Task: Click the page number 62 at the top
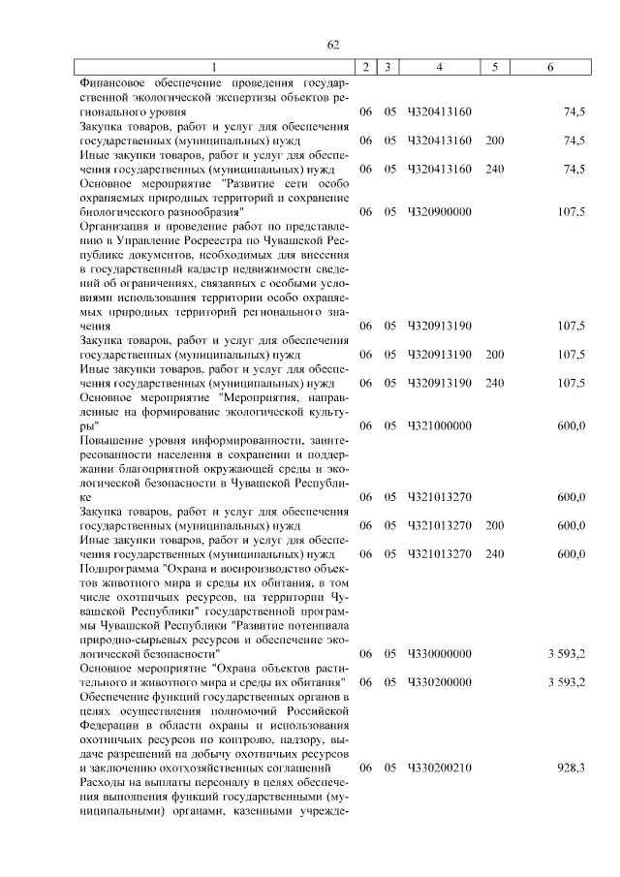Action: [x=332, y=45]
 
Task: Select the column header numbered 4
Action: [x=440, y=67]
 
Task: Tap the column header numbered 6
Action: [x=551, y=67]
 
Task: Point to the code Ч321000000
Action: [x=441, y=425]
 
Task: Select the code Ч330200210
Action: [x=441, y=767]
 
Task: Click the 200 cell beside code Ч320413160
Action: [x=495, y=141]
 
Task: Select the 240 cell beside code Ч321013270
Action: [x=495, y=554]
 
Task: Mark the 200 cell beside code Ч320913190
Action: [x=495, y=354]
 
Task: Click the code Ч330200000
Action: [x=441, y=682]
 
